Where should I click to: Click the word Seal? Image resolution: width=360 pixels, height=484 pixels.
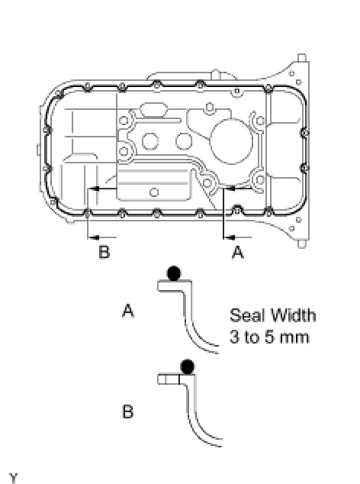click(x=246, y=315)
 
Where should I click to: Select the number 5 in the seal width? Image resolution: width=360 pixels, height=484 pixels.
click(x=269, y=337)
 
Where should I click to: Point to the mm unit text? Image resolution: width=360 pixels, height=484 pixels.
click(x=294, y=338)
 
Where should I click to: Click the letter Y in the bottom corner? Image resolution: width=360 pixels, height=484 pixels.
click(x=13, y=478)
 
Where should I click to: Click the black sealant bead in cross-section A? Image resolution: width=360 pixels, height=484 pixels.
click(x=174, y=273)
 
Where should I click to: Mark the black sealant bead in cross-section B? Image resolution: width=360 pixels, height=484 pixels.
click(x=188, y=366)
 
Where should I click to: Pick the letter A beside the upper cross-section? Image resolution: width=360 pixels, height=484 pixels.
click(x=128, y=310)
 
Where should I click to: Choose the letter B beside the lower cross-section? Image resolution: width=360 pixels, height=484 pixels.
click(x=127, y=411)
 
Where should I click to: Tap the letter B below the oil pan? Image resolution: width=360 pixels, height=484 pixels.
click(x=104, y=252)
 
